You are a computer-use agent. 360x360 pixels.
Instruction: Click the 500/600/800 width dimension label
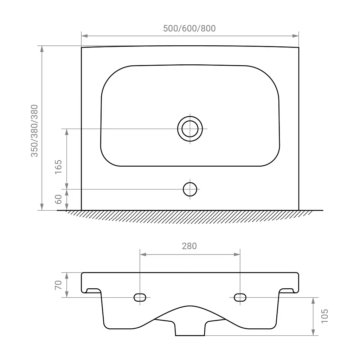click(x=189, y=28)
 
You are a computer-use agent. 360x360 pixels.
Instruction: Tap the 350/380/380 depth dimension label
click(x=34, y=131)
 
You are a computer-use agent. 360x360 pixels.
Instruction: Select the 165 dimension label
click(x=59, y=167)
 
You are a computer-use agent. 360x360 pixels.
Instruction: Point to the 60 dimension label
click(x=59, y=199)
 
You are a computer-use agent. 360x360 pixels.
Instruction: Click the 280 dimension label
click(x=189, y=246)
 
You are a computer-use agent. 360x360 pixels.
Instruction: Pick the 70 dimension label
click(x=59, y=285)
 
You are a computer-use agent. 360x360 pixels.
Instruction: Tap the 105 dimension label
click(x=324, y=316)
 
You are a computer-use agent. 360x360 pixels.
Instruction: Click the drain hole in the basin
click(x=190, y=129)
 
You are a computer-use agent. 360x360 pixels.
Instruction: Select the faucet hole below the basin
click(x=190, y=189)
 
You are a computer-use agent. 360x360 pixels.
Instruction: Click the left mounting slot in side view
click(x=140, y=297)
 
